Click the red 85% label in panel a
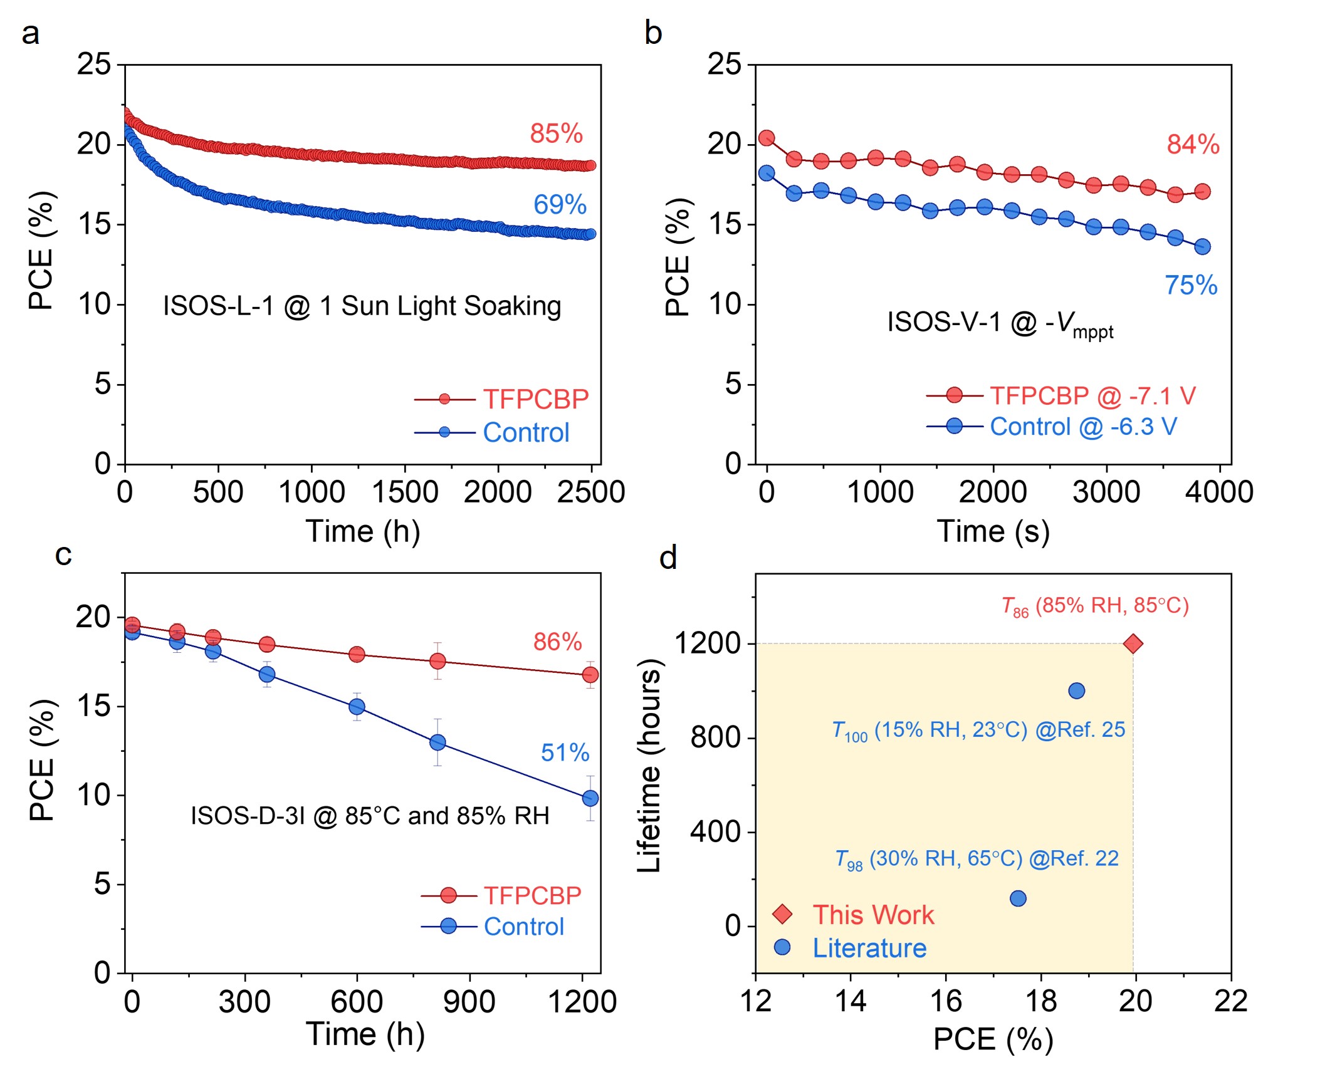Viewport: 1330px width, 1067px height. coord(556,133)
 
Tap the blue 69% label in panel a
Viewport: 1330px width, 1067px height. coord(560,204)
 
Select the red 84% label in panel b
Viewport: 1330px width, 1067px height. coord(1193,145)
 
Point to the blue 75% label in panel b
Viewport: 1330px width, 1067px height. coord(1191,286)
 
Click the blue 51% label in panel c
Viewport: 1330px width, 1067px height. coord(565,752)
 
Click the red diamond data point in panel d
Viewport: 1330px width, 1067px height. coord(1133,643)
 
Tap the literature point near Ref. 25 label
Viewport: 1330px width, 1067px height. coord(1076,691)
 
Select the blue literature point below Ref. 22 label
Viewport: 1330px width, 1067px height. coord(1018,898)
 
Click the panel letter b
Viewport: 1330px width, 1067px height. coord(653,33)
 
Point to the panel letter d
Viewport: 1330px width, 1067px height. coord(668,556)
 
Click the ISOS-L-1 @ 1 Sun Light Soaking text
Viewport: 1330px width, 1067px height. coord(362,306)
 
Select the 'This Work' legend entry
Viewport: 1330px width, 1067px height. coord(872,915)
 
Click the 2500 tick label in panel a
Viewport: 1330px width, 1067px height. coord(590,492)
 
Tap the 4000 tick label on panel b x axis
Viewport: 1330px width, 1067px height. coord(1218,492)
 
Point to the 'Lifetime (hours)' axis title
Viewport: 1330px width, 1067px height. coord(649,766)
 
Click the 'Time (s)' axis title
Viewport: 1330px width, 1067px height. coord(993,531)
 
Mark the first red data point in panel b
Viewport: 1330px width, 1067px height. coord(767,138)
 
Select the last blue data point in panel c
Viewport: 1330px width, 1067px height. coord(590,798)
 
